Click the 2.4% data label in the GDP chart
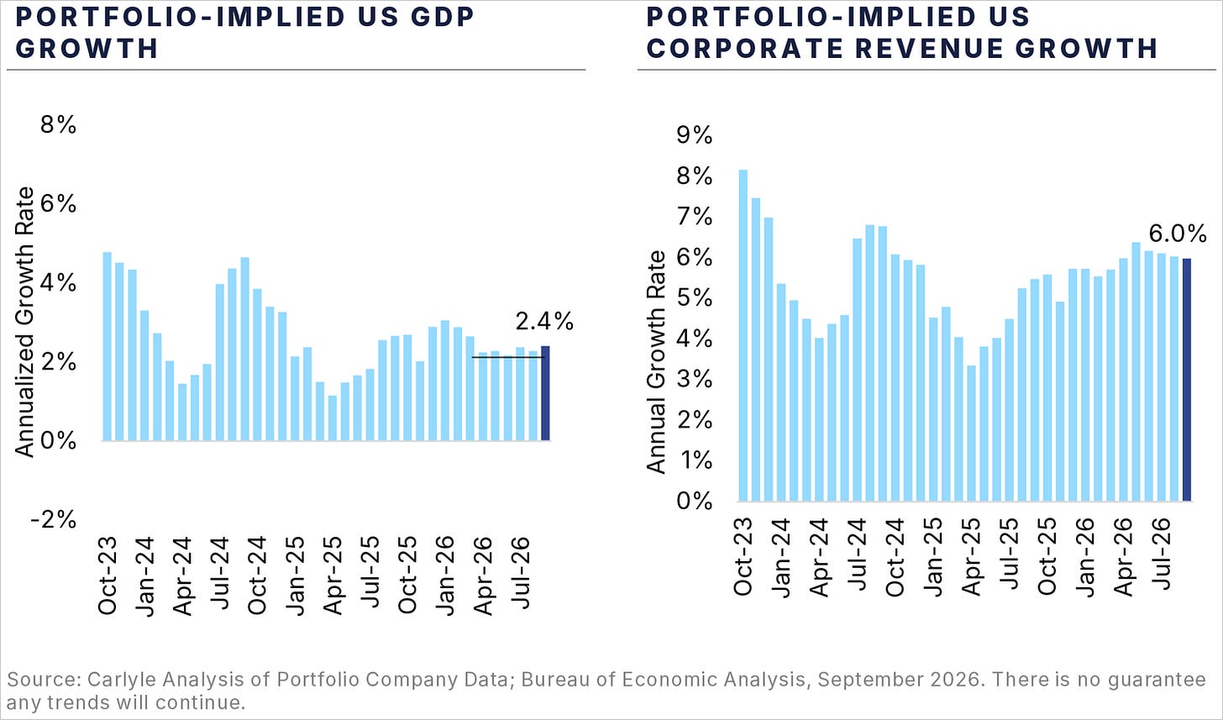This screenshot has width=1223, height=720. (x=544, y=322)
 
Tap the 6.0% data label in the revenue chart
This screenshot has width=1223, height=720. (x=1178, y=234)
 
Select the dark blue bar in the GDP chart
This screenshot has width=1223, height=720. (x=545, y=393)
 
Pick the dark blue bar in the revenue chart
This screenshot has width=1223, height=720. (x=1186, y=380)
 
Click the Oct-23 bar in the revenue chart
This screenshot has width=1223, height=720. (x=743, y=335)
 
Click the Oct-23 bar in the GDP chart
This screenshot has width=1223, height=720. (x=107, y=346)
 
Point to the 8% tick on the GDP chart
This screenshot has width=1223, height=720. (x=58, y=125)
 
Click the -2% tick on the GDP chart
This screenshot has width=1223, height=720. (x=54, y=519)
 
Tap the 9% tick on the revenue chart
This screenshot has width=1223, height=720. (x=694, y=135)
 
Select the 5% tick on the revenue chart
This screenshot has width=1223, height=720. (x=694, y=298)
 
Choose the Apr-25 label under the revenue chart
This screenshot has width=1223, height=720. (x=970, y=557)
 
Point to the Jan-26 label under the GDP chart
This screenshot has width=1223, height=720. (x=446, y=575)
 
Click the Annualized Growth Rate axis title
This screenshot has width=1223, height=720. (x=24, y=322)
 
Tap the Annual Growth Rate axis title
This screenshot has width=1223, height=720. (x=656, y=361)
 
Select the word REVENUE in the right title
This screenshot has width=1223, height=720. (x=929, y=48)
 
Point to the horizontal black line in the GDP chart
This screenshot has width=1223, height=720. (x=508, y=357)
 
